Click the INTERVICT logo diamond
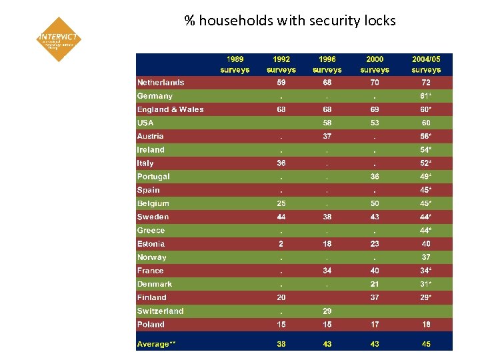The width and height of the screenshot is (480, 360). pos(59,39)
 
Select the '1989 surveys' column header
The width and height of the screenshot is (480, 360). pos(235,64)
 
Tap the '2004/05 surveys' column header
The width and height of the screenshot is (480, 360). pos(426,64)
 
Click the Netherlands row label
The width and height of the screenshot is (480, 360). pos(161,83)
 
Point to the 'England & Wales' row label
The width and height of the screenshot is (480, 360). pos(171,109)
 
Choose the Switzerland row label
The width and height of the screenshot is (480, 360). pos(161,311)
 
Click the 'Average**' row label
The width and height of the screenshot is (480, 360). pos(157,344)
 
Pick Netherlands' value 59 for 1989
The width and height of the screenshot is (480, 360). pos(281,83)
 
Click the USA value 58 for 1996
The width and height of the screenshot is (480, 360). pos(327,123)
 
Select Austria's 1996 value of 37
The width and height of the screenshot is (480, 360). pos(327,137)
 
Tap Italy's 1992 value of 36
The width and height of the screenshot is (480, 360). pos(281,163)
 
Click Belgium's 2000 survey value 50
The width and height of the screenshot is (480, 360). pos(375,203)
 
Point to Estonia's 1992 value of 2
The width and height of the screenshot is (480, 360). pos(281,244)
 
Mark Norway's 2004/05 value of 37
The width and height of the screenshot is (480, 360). pos(426,257)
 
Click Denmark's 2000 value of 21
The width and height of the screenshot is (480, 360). pos(375,284)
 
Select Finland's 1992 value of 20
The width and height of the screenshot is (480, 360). pos(281,298)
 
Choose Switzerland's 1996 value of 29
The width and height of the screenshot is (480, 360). pos(327,311)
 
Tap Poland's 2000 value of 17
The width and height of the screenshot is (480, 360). pos(375,325)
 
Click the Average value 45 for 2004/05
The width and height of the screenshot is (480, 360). pos(426,344)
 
